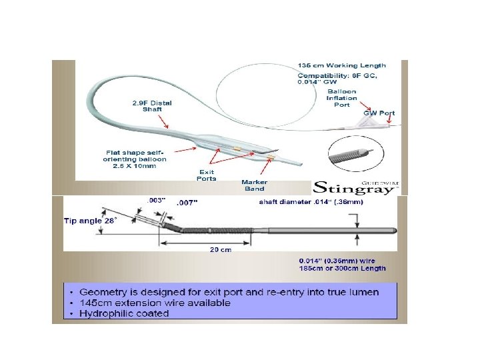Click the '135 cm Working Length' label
pyautogui.click(x=341, y=65)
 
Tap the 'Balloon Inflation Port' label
pyautogui.click(x=341, y=97)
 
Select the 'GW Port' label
pyautogui.click(x=378, y=113)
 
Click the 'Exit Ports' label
pyautogui.click(x=207, y=175)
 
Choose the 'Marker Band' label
pyautogui.click(x=254, y=185)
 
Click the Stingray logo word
pyautogui.click(x=338, y=187)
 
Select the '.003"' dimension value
pyautogui.click(x=156, y=199)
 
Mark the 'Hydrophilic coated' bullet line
pyautogui.click(x=124, y=313)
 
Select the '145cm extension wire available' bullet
pyautogui.click(x=155, y=303)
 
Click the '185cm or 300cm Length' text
pyautogui.click(x=342, y=268)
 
